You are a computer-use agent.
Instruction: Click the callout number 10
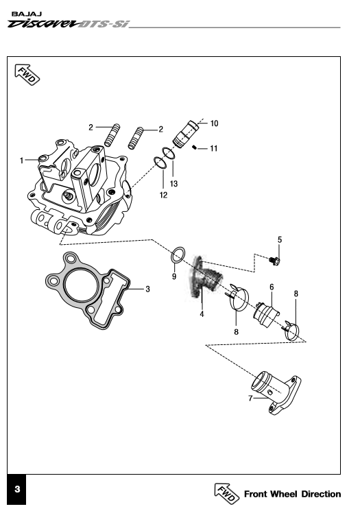(214, 123)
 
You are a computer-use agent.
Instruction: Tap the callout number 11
(214, 149)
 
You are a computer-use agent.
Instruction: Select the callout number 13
(173, 184)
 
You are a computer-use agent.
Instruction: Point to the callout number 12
(163, 195)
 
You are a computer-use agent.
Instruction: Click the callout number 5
(280, 240)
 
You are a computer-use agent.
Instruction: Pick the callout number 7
(250, 399)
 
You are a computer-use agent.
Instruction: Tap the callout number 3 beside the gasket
(147, 289)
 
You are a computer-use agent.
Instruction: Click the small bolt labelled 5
(275, 261)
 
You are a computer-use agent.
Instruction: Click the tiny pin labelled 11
(194, 147)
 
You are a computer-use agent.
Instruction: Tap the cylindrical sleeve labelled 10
(185, 134)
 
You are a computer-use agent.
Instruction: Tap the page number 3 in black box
(17, 489)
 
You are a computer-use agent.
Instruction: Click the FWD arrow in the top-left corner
(27, 74)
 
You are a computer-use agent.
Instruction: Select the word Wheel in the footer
(283, 494)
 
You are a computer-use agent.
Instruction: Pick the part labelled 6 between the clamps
(266, 315)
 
